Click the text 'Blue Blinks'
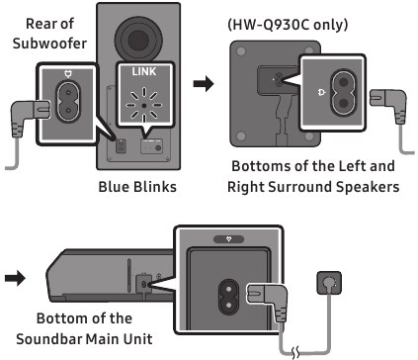139,186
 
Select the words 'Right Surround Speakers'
312,185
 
